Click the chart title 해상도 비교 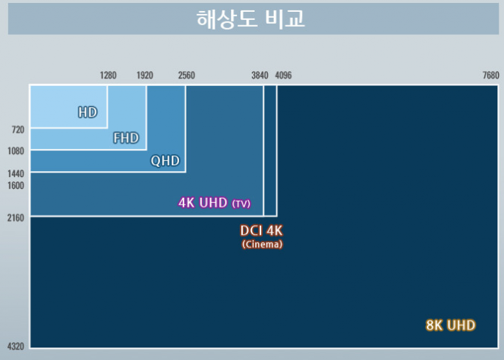250,19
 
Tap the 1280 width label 108,76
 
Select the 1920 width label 144,76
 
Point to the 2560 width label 187,76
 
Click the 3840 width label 260,76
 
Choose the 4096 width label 283,76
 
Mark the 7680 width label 491,76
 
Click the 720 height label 18,130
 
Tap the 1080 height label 16,151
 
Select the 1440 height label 16,174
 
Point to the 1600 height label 16,186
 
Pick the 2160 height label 16,218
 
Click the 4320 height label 16,347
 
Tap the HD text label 88,113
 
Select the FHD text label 126,138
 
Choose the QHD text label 165,161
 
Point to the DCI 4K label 261,230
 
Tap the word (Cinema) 262,244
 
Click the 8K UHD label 451,325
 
